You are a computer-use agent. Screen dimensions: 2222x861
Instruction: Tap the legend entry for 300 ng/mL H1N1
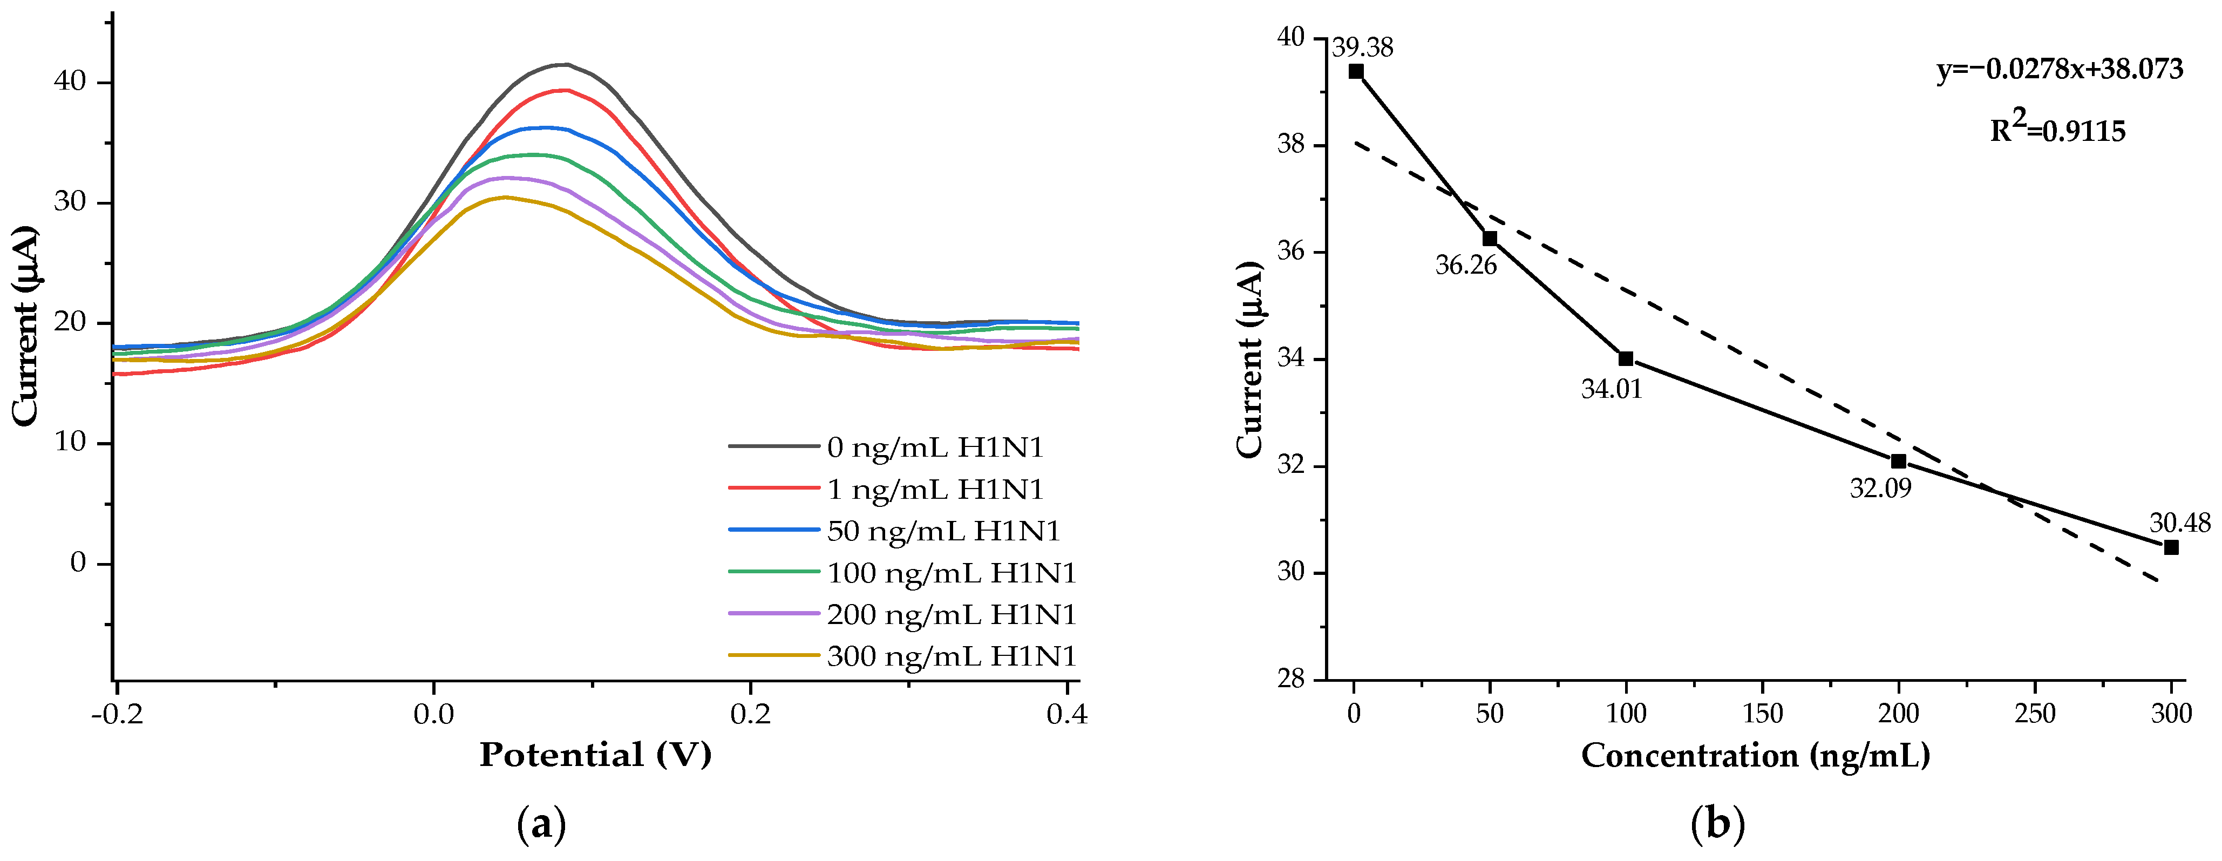click(902, 656)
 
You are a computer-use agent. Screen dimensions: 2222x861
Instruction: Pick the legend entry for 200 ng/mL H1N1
click(902, 614)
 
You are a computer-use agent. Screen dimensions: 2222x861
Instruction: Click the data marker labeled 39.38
click(1356, 72)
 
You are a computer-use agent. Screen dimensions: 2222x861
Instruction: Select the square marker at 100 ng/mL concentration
click(1626, 358)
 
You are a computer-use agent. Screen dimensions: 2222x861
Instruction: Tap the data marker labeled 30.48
click(2171, 547)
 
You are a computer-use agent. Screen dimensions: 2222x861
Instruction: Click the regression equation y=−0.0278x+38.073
click(2060, 69)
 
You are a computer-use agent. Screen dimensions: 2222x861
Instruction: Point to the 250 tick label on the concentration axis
click(2035, 714)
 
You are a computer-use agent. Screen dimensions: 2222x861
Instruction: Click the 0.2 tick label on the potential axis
click(750, 714)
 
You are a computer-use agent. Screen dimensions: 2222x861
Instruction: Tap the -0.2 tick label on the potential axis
click(117, 714)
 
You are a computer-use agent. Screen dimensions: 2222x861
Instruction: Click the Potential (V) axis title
click(595, 755)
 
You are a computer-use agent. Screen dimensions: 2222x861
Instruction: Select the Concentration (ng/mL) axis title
click(1755, 756)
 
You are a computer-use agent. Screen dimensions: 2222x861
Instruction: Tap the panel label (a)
click(542, 825)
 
